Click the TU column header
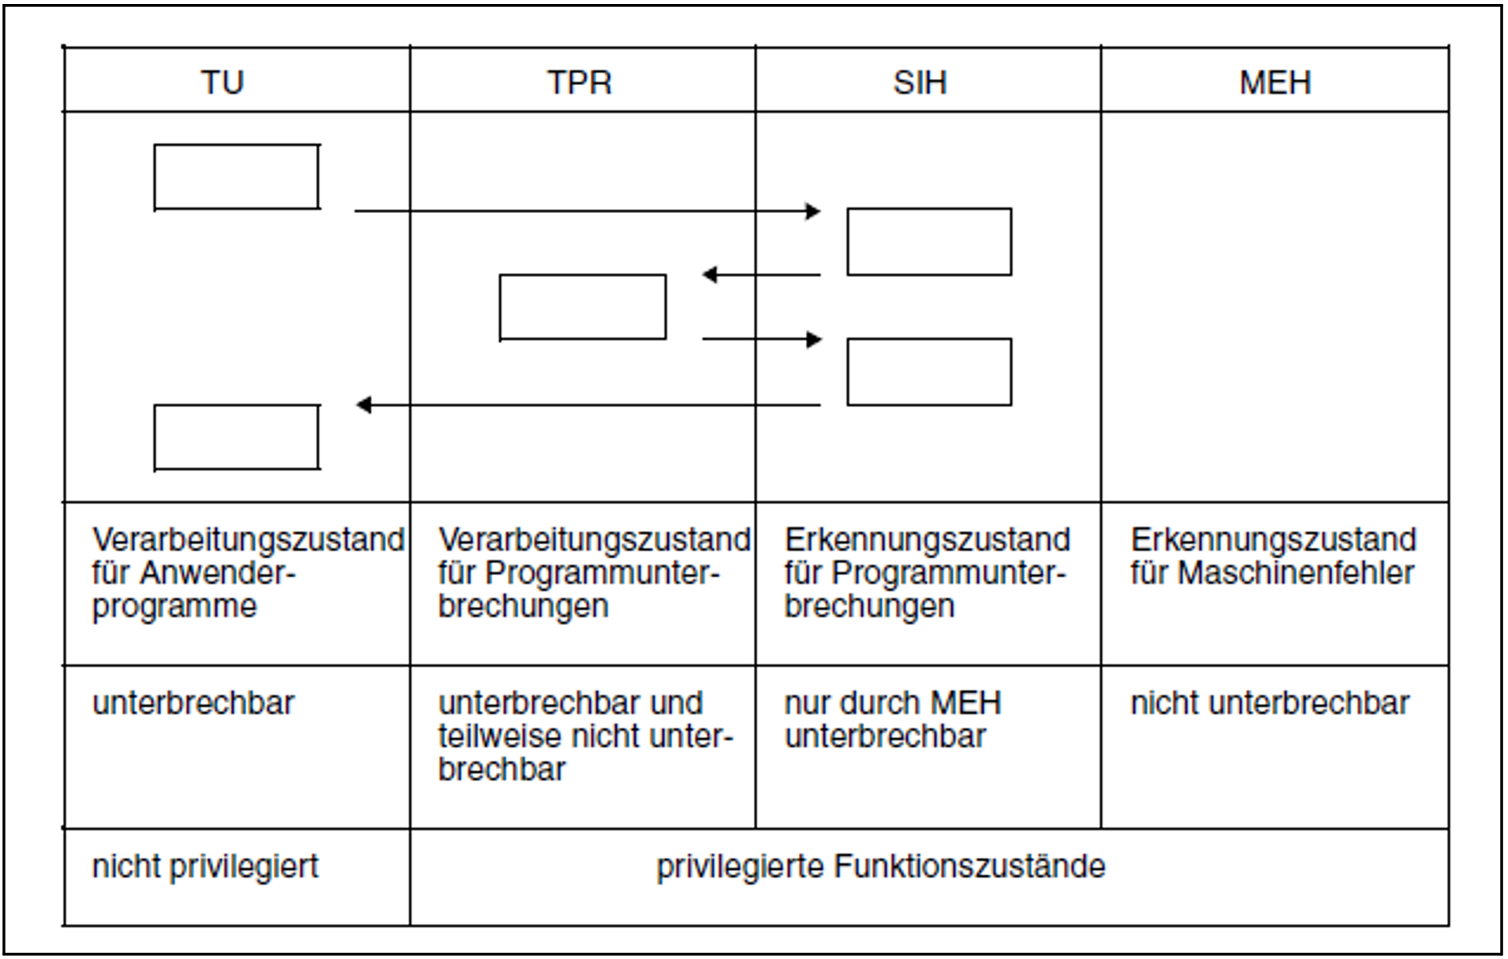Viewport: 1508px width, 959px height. (222, 82)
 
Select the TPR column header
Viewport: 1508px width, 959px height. (580, 82)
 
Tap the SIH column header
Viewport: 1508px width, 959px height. (920, 82)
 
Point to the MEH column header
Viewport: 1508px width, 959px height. (1275, 82)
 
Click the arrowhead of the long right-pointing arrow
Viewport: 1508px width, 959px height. (813, 211)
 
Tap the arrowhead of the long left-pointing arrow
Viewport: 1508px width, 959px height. (364, 405)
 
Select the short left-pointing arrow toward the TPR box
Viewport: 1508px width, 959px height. (761, 274)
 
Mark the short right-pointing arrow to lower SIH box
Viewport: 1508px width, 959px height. (762, 340)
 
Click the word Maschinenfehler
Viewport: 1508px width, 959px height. (1296, 573)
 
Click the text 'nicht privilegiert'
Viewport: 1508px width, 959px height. (205, 867)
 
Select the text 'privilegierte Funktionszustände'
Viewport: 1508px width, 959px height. (881, 867)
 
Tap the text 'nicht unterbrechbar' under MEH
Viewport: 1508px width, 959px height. (1270, 703)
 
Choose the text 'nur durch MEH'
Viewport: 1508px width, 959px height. (893, 703)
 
